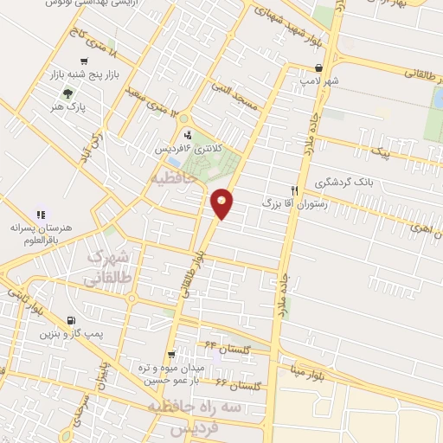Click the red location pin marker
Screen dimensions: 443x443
click(x=222, y=203)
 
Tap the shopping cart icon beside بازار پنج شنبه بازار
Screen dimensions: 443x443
click(x=83, y=61)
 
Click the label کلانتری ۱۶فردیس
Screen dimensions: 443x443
click(x=189, y=149)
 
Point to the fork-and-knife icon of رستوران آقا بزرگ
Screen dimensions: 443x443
click(x=295, y=189)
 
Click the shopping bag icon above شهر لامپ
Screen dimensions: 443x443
click(x=319, y=68)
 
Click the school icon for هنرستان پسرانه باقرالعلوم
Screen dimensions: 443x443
click(x=40, y=214)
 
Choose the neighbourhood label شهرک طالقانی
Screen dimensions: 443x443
click(x=111, y=268)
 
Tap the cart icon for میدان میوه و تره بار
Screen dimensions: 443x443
click(x=172, y=354)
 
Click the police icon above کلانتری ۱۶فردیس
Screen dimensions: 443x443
click(x=188, y=134)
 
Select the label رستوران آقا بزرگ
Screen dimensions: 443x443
click(x=261, y=202)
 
